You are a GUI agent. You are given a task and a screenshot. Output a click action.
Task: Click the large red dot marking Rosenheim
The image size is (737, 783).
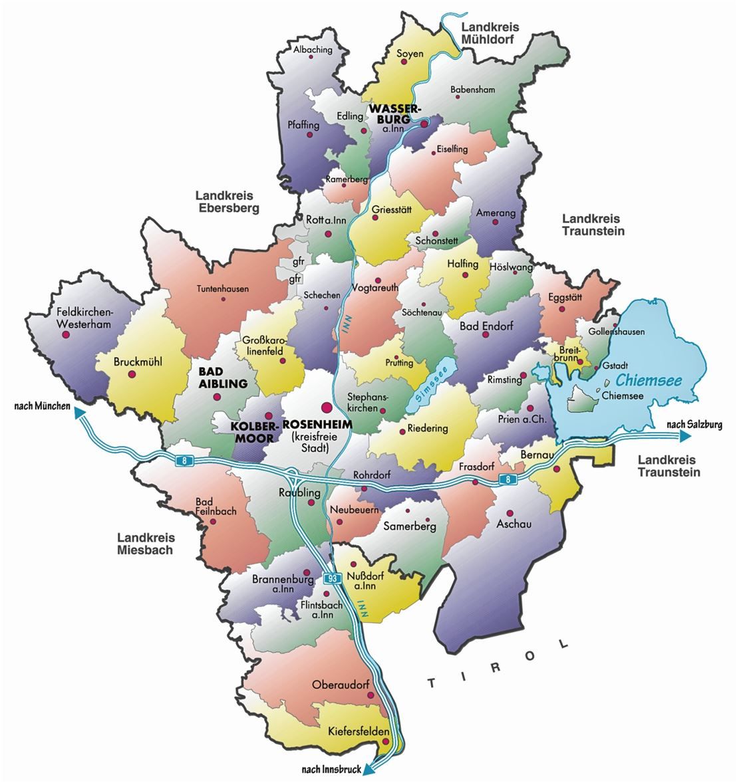coord(326,407)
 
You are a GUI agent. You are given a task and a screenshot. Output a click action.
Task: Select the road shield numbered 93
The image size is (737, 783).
coord(333,578)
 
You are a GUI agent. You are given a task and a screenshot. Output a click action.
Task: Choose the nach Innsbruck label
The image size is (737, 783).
coord(331,770)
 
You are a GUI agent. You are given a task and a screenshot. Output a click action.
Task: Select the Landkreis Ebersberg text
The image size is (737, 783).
coord(227,201)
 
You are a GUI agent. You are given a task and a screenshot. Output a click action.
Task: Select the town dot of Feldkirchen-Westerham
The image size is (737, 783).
coord(65,335)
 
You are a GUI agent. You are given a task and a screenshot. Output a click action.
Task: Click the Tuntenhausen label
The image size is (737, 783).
coord(222,288)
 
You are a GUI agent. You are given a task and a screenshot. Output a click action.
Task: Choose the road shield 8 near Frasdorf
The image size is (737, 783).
coord(508,479)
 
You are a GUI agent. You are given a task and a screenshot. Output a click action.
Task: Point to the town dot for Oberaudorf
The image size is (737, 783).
coord(370,696)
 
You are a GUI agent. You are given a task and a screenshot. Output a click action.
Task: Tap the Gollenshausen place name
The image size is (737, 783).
coord(616,332)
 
